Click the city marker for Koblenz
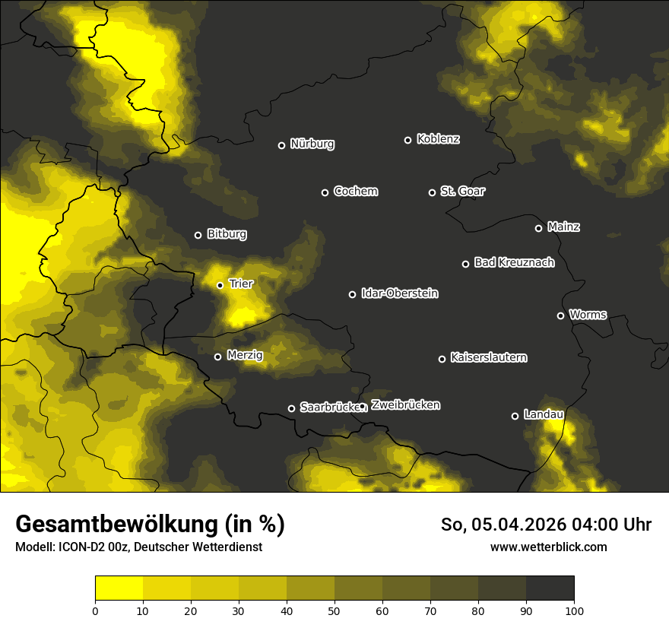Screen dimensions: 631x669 [407, 140]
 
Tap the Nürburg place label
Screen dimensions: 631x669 [312, 144]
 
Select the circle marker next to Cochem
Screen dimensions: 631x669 [325, 192]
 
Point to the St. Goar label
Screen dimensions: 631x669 [462, 191]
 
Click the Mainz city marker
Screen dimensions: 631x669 [538, 228]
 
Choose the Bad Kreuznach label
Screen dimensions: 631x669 [514, 262]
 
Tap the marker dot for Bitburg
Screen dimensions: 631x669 [198, 235]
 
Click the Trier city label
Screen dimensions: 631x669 [241, 284]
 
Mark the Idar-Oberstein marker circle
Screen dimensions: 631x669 [352, 294]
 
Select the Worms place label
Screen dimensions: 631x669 [588, 314]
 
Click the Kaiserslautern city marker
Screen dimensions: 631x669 [442, 359]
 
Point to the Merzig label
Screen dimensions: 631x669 [245, 355]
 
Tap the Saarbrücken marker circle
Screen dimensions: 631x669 [291, 408]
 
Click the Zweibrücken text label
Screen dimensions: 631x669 [405, 404]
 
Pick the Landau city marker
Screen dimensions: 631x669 [515, 416]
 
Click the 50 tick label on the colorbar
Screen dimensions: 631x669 [334, 610]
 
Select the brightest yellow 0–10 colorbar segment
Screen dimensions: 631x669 [119, 588]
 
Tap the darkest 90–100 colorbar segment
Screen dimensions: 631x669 [550, 588]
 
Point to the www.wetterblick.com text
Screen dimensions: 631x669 [548, 547]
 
